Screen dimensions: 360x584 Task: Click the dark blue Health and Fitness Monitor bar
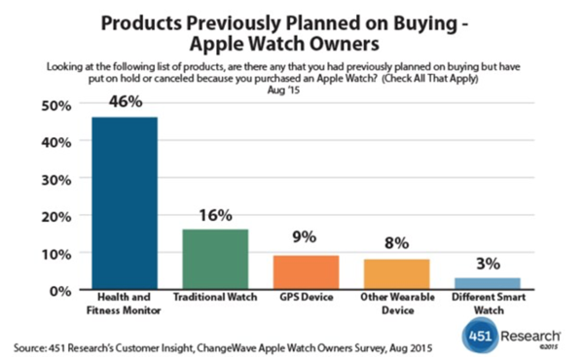click(x=125, y=203)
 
